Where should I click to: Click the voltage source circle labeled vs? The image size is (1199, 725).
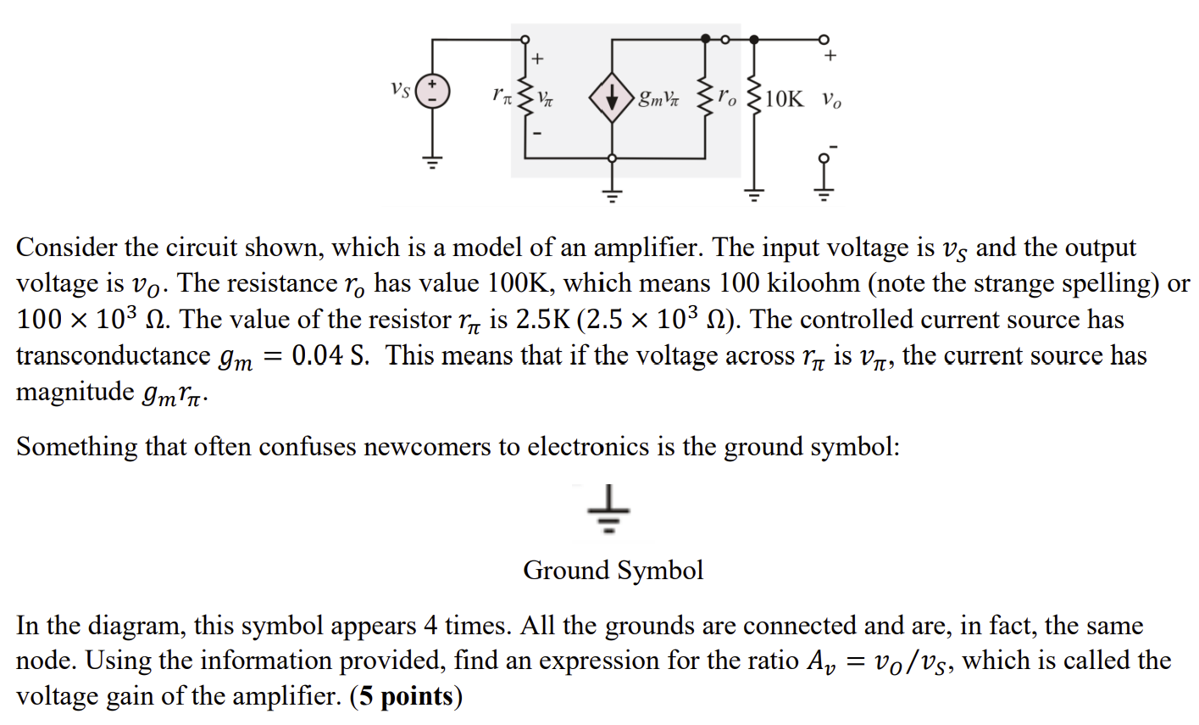(432, 91)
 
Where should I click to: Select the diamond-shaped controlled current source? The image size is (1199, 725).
(612, 98)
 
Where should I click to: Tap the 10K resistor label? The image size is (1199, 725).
(784, 99)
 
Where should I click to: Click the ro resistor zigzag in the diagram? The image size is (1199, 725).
(706, 98)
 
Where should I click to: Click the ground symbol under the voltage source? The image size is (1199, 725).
(432, 161)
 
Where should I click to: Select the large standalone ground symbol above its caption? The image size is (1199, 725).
(608, 509)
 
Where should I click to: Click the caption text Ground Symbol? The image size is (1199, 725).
(613, 570)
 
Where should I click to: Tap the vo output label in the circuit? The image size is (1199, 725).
(831, 100)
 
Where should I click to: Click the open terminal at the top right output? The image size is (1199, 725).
(824, 39)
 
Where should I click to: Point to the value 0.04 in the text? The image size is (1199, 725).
(317, 354)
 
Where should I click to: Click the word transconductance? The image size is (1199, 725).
(114, 355)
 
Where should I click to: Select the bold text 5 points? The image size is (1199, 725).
(406, 696)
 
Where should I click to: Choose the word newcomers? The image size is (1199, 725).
(427, 446)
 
